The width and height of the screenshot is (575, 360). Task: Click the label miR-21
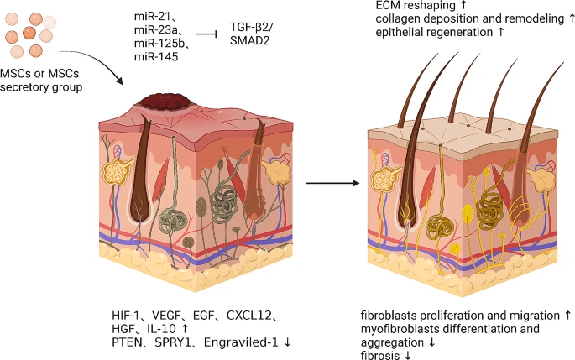point(153,17)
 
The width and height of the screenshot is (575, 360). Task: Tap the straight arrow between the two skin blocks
point(327,181)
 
